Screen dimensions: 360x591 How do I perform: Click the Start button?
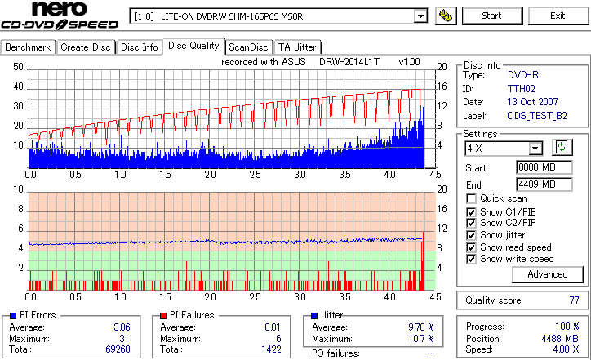click(x=491, y=16)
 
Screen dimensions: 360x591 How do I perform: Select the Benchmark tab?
click(x=29, y=47)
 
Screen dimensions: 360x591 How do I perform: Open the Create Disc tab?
click(x=86, y=47)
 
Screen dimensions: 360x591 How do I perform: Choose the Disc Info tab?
click(x=140, y=47)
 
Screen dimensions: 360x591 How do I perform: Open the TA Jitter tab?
click(x=297, y=47)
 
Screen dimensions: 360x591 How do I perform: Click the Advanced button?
click(x=547, y=274)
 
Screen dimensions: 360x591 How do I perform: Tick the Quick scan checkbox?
click(x=471, y=198)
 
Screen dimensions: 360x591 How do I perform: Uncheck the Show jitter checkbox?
click(x=471, y=235)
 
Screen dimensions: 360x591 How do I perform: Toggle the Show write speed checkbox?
click(x=471, y=259)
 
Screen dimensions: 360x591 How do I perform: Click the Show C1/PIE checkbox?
click(x=471, y=211)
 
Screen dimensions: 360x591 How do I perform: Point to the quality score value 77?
click(x=574, y=300)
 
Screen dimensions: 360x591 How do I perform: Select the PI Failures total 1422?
click(x=271, y=349)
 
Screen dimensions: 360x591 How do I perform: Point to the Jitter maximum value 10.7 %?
click(x=420, y=339)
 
